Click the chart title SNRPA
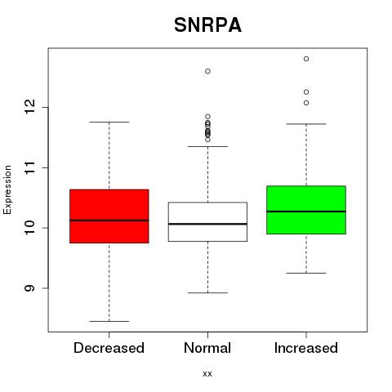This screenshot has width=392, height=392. (x=207, y=25)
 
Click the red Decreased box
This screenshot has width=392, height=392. (x=109, y=216)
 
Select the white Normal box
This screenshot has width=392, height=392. (x=207, y=221)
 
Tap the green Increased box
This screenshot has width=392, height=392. (x=306, y=210)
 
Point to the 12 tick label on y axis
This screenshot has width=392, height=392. (x=30, y=107)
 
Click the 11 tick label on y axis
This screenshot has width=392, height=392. (x=30, y=167)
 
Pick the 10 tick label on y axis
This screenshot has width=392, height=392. (x=30, y=228)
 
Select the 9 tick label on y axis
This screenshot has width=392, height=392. (x=30, y=288)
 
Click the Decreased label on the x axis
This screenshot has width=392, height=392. (x=109, y=348)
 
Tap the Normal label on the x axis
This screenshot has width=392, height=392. (x=207, y=348)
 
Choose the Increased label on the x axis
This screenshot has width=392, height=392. (x=306, y=348)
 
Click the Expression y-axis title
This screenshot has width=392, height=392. (x=7, y=189)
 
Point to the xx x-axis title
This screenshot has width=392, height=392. (x=207, y=374)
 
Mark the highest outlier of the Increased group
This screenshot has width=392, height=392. (x=306, y=59)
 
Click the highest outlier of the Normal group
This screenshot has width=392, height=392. (x=207, y=71)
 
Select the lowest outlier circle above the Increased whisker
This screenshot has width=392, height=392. (x=306, y=103)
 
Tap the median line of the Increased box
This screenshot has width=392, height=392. (x=306, y=212)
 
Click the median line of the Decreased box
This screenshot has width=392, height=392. (x=109, y=220)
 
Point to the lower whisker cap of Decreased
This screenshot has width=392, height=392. (x=109, y=321)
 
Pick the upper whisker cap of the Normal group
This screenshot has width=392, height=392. (x=207, y=146)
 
